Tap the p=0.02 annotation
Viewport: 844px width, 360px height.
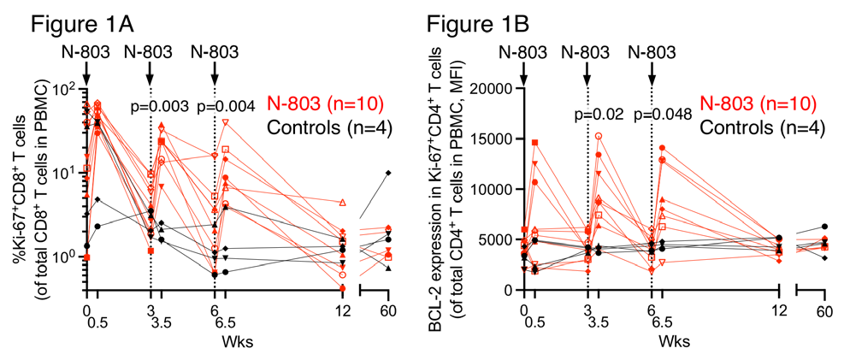tap(598, 114)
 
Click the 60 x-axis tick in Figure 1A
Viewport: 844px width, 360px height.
tap(387, 310)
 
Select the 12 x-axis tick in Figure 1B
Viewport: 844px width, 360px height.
tap(778, 310)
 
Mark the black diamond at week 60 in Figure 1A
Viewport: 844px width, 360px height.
tap(387, 173)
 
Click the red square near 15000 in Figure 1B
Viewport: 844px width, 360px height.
tap(534, 143)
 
